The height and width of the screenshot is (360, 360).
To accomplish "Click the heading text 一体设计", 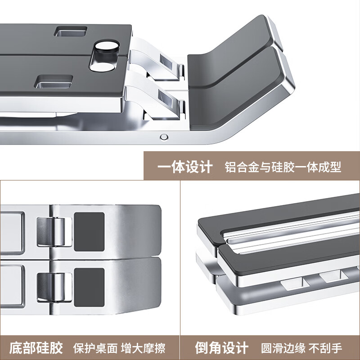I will pos(184,167).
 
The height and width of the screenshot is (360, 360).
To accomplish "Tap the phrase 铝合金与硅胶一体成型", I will pos(283,167).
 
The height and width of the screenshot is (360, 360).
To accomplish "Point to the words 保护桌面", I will pos(95,348).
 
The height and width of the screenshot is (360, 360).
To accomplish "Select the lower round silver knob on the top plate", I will pos(104,67).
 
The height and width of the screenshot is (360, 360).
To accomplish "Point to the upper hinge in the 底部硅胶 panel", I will pos(54,231).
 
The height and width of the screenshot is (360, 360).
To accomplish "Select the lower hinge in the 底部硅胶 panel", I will pos(54,287).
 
